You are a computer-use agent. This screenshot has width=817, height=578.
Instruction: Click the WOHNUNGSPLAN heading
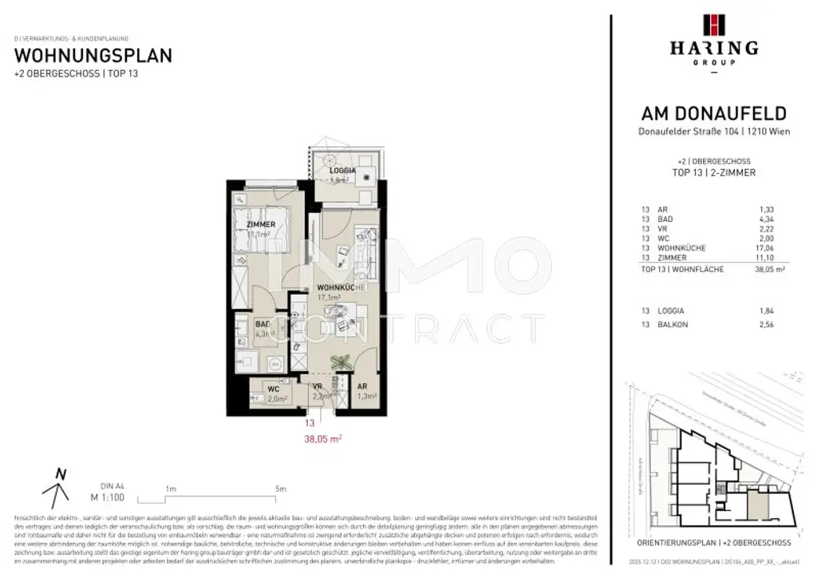94,56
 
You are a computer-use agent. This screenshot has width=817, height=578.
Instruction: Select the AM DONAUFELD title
713,114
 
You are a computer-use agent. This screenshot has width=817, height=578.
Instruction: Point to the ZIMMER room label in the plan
261,224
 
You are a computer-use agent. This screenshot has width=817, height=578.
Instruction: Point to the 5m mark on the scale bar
280,489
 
